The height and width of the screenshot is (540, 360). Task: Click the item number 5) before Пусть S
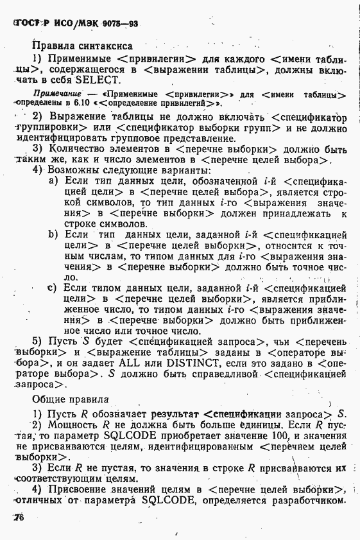coord(37,340)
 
